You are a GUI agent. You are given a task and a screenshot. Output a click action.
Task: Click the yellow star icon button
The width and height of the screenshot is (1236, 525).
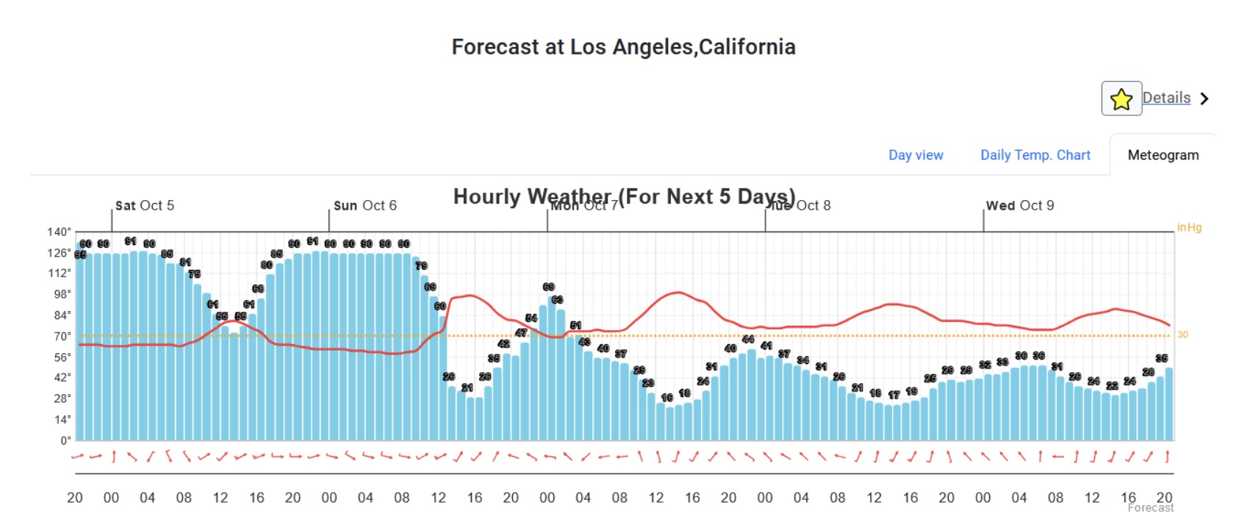click(x=1121, y=99)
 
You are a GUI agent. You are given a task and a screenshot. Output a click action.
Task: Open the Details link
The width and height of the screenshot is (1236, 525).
click(x=1166, y=98)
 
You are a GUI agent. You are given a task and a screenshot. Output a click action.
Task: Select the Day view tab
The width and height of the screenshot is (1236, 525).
click(x=916, y=155)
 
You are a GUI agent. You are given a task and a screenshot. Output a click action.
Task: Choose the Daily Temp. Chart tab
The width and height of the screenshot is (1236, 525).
click(x=1035, y=155)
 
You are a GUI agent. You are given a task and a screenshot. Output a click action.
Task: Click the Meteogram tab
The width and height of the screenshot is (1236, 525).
click(x=1163, y=155)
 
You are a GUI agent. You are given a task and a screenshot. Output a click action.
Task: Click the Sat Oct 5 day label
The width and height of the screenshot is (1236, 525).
click(x=145, y=206)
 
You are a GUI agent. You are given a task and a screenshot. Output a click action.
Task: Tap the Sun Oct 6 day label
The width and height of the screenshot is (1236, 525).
click(x=364, y=206)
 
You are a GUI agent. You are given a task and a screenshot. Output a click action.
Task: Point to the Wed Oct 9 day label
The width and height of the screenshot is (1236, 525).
click(x=1019, y=206)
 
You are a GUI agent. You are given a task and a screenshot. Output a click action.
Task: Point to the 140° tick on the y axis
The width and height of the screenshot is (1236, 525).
click(x=59, y=232)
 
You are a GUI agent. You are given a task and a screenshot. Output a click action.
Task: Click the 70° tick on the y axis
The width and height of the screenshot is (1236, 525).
click(x=62, y=336)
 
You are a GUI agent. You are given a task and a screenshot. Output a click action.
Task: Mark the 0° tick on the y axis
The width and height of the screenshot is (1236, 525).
click(x=65, y=440)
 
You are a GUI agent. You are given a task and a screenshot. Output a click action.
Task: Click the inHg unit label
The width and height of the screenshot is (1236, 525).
click(x=1189, y=228)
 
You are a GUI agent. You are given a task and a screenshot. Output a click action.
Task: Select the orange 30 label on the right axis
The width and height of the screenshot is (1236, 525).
click(x=1182, y=335)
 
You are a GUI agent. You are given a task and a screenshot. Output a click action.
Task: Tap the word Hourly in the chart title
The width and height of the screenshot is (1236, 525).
click(x=487, y=197)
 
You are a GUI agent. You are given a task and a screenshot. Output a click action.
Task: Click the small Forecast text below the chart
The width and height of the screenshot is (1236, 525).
click(x=1150, y=508)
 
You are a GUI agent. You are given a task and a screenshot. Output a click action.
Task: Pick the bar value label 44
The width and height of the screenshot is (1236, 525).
click(x=748, y=339)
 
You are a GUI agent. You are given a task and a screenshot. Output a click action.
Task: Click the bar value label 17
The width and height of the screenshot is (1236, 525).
click(x=894, y=395)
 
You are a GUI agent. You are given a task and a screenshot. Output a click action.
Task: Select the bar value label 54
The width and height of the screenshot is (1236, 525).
click(x=531, y=318)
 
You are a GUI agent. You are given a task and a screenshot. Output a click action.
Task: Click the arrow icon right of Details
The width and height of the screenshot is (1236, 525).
click(x=1204, y=99)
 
